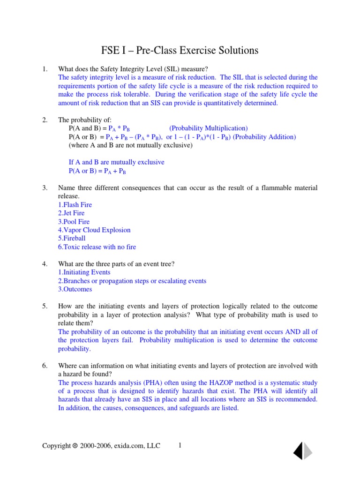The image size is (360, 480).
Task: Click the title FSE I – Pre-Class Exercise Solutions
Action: click(x=180, y=50)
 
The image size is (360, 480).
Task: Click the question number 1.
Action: click(x=45, y=69)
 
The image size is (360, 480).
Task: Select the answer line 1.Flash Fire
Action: click(x=75, y=205)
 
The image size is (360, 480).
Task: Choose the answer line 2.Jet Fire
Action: click(x=71, y=213)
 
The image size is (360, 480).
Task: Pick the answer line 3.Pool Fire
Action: click(x=74, y=222)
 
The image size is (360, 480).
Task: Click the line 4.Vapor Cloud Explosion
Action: click(x=94, y=230)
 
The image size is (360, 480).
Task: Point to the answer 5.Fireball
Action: click(x=72, y=238)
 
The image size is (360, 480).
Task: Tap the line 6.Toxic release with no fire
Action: click(x=97, y=247)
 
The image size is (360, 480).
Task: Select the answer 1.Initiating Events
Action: click(x=84, y=272)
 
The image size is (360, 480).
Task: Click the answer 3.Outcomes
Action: click(x=75, y=289)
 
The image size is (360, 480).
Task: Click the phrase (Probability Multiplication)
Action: click(x=209, y=128)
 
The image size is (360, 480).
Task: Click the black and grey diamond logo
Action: click(x=303, y=450)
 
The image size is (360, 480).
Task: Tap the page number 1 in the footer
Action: click(x=180, y=446)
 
